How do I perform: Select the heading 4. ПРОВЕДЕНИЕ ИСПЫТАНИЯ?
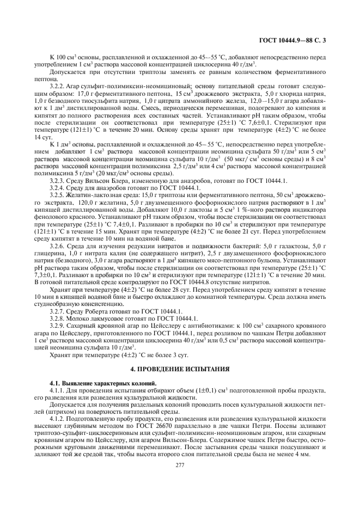(x=180, y=369)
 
